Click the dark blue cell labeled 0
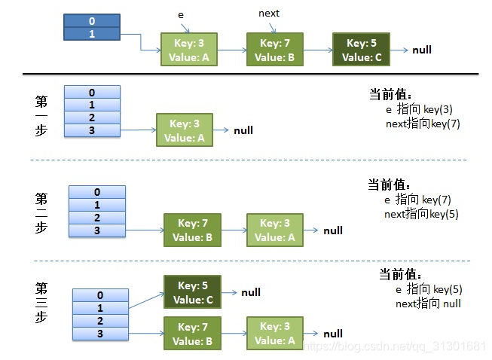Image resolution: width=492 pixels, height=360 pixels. [92, 20]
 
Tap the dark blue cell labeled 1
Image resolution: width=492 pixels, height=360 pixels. [92, 34]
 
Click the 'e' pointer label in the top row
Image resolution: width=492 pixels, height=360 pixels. [181, 15]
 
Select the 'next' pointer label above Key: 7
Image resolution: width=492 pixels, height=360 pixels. [269, 14]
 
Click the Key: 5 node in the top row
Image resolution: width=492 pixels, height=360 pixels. [361, 49]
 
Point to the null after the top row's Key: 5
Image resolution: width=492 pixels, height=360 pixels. [422, 50]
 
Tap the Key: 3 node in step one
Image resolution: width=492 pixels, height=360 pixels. [185, 130]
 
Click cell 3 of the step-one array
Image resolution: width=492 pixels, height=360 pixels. [92, 130]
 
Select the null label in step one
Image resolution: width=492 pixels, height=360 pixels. [243, 130]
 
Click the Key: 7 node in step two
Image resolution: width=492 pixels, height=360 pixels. [192, 230]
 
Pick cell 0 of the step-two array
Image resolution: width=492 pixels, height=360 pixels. [97, 192]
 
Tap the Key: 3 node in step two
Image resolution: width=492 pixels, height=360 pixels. [275, 230]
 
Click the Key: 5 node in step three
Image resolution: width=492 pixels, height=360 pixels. [192, 292]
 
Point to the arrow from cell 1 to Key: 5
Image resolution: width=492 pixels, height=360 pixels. [146, 301]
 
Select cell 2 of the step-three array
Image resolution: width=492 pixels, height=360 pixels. [100, 321]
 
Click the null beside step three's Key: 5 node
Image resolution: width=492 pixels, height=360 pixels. [251, 292]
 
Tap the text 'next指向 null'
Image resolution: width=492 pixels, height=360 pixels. [428, 304]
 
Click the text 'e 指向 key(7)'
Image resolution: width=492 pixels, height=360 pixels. [417, 200]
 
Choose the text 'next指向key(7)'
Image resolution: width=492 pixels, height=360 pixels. [423, 124]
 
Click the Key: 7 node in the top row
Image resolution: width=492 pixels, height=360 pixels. [275, 49]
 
